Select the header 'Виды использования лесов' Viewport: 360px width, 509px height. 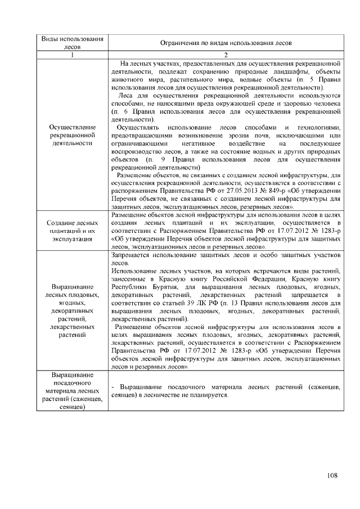(73, 43)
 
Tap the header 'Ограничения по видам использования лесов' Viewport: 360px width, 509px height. (226, 43)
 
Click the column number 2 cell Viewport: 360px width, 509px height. (226, 55)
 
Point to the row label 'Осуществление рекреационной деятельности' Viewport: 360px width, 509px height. (73, 135)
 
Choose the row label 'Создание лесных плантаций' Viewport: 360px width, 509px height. (73, 231)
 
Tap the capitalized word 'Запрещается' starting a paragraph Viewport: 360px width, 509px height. (132, 255)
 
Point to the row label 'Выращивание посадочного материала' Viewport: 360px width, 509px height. (73, 391)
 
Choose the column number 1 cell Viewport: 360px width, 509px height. (73, 55)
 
